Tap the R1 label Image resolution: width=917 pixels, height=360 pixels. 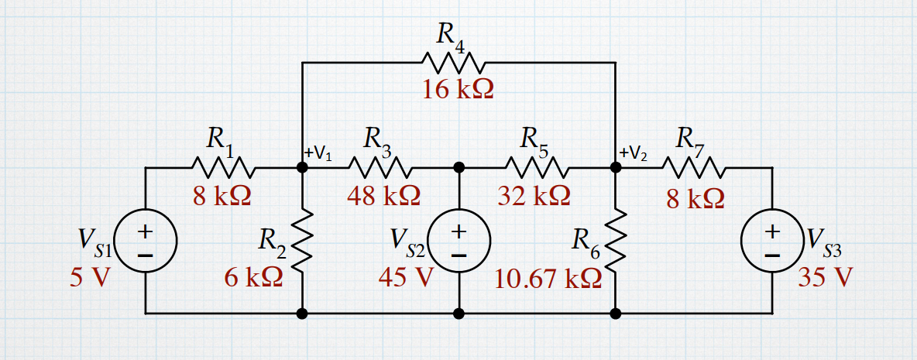point(220,139)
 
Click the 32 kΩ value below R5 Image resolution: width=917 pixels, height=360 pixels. point(534,195)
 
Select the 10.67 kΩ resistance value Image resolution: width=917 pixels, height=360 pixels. point(548,279)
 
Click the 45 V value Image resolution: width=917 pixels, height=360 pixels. point(404,277)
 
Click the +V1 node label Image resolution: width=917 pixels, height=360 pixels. point(319,153)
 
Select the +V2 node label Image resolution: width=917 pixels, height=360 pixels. point(634,153)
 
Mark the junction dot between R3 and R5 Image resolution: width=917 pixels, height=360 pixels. point(459,167)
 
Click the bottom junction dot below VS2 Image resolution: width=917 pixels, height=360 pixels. point(459,314)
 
